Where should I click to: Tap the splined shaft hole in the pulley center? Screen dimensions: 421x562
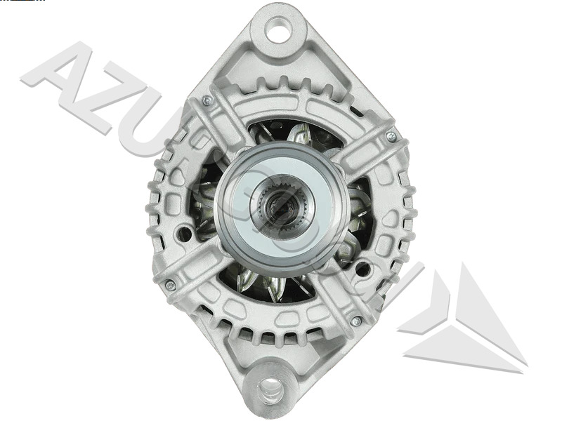[x=281, y=202]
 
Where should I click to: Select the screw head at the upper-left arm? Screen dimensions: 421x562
[x=207, y=101]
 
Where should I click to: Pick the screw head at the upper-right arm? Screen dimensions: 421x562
[x=391, y=136]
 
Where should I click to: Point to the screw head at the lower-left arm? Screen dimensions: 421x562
[x=170, y=285]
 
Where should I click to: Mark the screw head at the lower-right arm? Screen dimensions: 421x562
[x=355, y=321]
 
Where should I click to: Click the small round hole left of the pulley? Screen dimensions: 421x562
[x=184, y=232]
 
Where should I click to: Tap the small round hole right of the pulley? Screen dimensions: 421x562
[x=362, y=268]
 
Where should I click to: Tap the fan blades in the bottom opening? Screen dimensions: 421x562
[x=270, y=284]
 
